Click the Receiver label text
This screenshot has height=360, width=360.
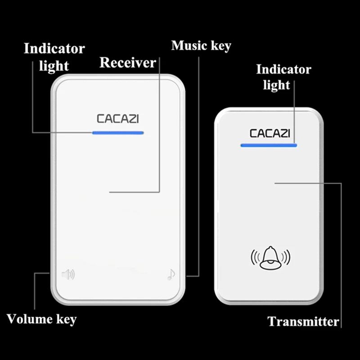127,63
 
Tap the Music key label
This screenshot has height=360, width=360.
201,45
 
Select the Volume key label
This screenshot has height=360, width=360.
42,319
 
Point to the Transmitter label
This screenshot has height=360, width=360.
303,322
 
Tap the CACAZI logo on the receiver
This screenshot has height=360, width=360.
118,119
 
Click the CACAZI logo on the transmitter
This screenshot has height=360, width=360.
270,133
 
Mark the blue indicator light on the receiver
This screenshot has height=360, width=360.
117,133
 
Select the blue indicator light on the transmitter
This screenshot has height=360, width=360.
269,145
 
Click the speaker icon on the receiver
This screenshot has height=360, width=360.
68,274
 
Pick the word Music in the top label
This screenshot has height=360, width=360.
189,45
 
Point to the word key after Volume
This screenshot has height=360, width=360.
66,320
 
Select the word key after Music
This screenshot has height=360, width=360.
220,46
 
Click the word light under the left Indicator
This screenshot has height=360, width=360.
54,66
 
